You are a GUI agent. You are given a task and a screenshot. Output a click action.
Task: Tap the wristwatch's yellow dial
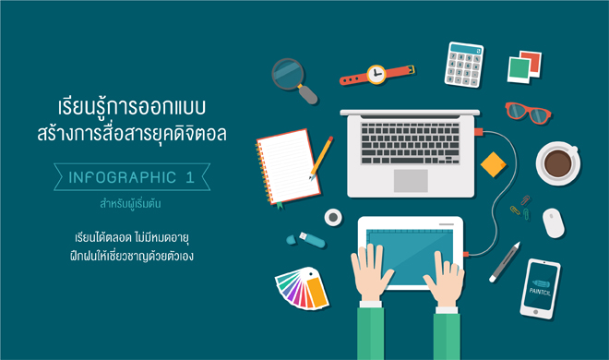click(x=376, y=74)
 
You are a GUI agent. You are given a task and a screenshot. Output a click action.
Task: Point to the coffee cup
click(x=559, y=162)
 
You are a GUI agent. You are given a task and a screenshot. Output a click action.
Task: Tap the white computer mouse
click(x=554, y=222)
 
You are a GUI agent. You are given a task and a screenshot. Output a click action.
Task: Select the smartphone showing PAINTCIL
click(x=540, y=288)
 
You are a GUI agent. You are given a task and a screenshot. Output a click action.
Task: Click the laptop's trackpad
click(x=410, y=180)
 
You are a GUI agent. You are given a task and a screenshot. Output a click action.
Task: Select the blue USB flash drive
click(x=306, y=239)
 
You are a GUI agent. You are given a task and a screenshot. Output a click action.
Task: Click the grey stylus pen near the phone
click(x=504, y=260)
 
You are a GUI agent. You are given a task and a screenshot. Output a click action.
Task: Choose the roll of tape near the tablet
click(x=333, y=217)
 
